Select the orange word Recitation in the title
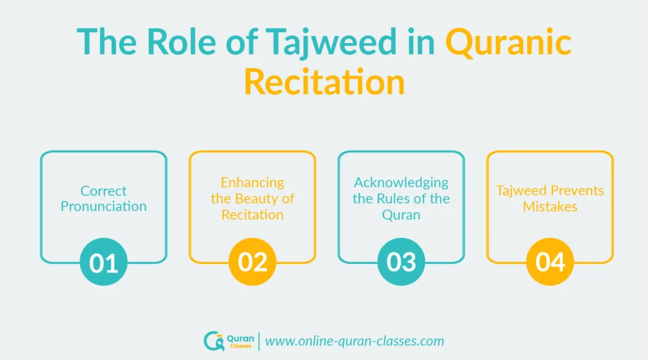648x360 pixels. pos(324,82)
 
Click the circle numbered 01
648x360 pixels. pos(104,262)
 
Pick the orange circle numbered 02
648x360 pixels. pos(252,262)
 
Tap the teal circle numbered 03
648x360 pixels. pos(401,262)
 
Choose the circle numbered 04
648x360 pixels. pos(550,262)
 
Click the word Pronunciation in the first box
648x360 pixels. pos(104,206)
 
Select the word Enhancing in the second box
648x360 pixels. pos(252,182)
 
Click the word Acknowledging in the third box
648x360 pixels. pos(401,182)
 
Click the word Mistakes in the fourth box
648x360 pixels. pos(550,206)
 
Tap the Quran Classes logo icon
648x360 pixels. pos(213,341)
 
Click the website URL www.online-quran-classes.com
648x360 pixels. pos(354,341)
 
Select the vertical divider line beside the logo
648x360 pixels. pos(259,341)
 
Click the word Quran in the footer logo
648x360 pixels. pos(239,337)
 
